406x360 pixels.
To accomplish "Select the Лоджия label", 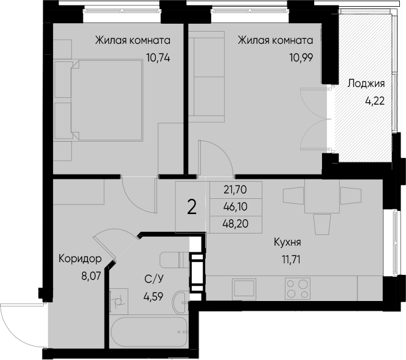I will [x=366, y=84].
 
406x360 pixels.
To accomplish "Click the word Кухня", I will [x=287, y=242].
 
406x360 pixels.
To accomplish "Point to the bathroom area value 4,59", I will [x=153, y=297].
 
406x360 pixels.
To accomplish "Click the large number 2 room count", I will [x=192, y=207].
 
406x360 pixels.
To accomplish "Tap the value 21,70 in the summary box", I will [x=236, y=190].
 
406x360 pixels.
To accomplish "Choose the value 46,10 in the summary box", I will [x=236, y=207].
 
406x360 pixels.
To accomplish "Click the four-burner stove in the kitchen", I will [x=297, y=287].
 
